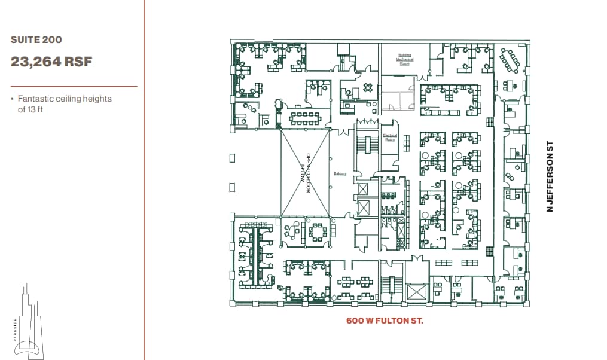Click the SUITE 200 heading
point(36,40)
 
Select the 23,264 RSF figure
point(51,62)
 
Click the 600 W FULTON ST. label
point(385,321)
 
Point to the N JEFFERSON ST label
point(550,176)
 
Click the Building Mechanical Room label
point(404,59)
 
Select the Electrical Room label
point(389,136)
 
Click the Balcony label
point(340,174)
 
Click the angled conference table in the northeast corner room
point(510,59)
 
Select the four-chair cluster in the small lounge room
point(367,88)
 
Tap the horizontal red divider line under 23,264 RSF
point(74,86)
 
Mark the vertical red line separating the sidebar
point(144,179)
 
